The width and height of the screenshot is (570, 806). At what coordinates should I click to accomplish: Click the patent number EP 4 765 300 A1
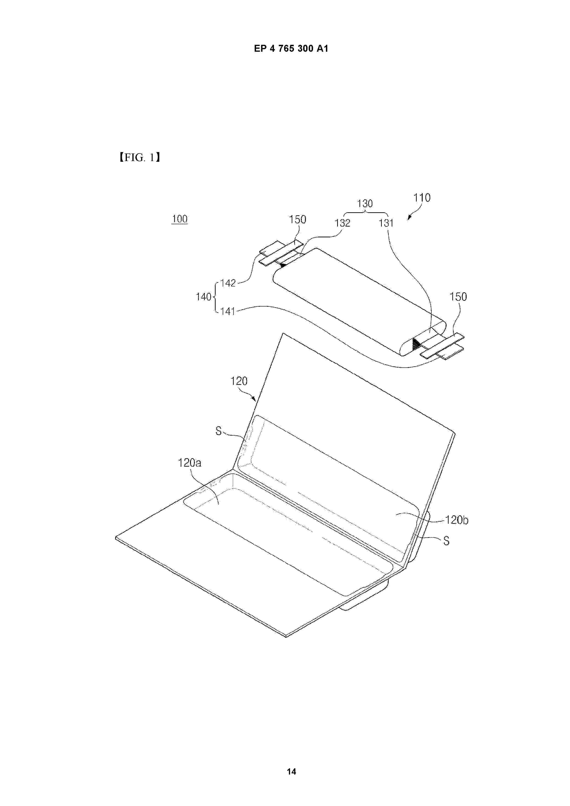click(291, 49)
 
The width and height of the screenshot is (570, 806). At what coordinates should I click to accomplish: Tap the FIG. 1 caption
click(140, 158)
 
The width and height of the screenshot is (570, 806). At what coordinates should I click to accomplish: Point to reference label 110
click(422, 198)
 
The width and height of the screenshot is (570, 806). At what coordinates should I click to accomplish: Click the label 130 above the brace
click(365, 204)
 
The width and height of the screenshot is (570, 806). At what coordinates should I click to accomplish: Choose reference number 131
click(386, 223)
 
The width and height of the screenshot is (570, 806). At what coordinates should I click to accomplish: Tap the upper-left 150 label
click(297, 220)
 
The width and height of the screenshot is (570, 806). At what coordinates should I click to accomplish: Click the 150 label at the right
click(458, 297)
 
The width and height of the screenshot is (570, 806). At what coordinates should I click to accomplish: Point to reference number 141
click(228, 311)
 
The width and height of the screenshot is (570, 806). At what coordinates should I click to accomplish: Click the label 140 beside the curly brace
click(204, 297)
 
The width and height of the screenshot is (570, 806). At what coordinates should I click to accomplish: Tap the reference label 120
click(239, 381)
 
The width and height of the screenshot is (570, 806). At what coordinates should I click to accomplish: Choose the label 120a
click(190, 463)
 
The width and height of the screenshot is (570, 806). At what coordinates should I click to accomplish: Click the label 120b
click(456, 520)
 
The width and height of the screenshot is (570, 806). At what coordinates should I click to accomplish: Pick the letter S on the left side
click(218, 431)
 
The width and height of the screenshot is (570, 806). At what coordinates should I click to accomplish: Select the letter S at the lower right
click(446, 541)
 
